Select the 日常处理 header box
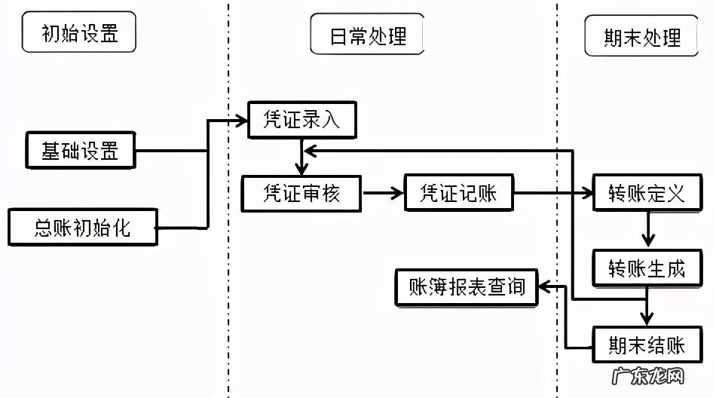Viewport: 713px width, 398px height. tap(367, 35)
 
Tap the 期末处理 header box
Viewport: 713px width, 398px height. tap(642, 36)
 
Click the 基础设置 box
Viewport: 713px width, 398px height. tap(81, 150)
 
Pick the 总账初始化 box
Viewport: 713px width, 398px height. tap(83, 227)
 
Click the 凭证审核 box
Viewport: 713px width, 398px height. tap(301, 193)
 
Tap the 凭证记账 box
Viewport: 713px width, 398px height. tap(459, 193)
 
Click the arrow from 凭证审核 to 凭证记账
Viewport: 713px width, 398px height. tap(383, 193)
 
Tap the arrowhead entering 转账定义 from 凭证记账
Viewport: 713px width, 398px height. tap(587, 193)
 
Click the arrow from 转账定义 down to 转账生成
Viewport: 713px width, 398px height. tap(646, 229)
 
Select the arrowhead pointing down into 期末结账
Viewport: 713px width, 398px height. tap(646, 320)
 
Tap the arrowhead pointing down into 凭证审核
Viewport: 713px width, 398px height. tap(301, 170)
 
